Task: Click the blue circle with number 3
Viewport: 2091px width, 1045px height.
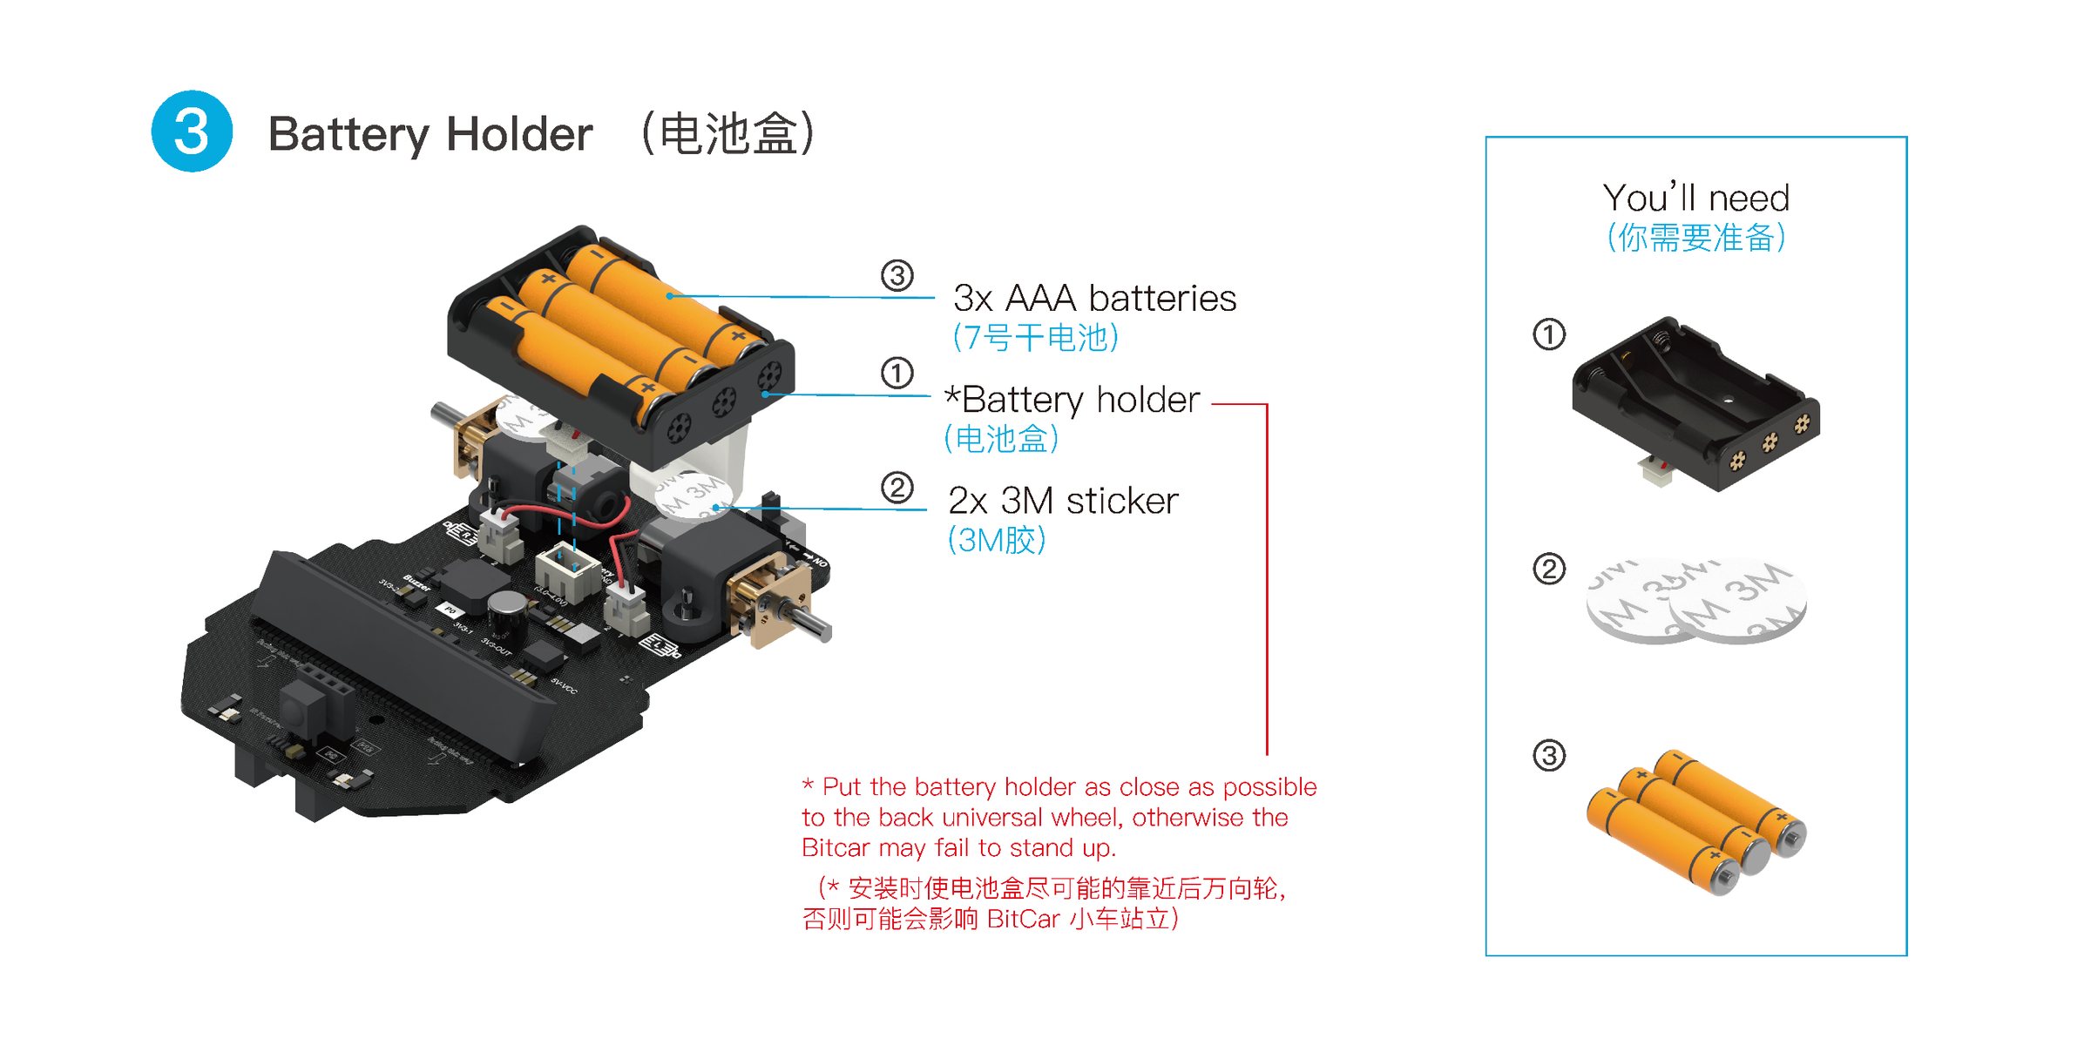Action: tap(192, 131)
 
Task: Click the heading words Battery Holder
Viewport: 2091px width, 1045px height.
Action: tap(430, 134)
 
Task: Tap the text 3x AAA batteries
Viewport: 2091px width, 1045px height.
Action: tap(1094, 298)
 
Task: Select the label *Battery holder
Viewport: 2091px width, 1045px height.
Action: tap(1073, 400)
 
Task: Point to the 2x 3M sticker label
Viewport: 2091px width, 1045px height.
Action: tap(1062, 501)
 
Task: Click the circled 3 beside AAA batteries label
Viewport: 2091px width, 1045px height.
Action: tap(897, 276)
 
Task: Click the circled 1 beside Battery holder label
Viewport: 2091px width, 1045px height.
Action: tap(897, 374)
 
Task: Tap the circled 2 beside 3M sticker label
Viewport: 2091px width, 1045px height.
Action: tap(897, 488)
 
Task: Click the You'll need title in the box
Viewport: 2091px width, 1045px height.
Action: tap(1695, 199)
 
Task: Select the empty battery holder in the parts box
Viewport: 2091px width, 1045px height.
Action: tap(1694, 405)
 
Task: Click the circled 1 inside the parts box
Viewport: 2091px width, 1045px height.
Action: tap(1548, 334)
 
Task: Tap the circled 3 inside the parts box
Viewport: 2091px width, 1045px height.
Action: tap(1548, 755)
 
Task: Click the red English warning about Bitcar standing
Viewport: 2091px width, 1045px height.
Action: tap(1059, 817)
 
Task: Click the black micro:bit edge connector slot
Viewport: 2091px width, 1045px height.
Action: tap(401, 662)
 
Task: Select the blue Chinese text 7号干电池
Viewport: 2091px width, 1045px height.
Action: tap(1035, 338)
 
